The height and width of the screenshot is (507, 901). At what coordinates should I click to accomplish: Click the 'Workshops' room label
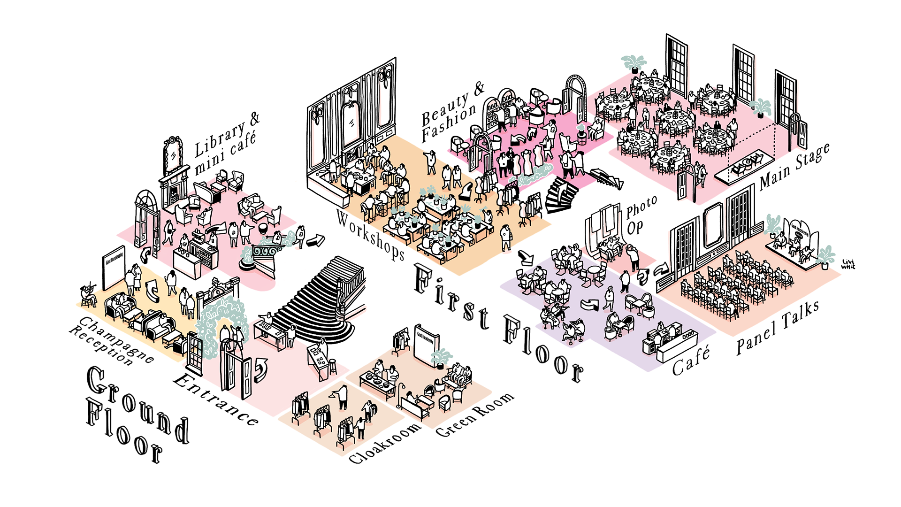370,236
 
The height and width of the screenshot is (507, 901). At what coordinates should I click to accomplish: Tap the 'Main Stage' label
794,167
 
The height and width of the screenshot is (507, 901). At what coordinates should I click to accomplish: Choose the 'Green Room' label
474,415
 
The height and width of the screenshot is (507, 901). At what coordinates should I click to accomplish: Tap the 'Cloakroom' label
385,444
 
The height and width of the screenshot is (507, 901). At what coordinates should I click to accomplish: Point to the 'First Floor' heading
497,324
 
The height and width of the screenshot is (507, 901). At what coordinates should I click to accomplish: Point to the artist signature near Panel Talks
848,264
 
